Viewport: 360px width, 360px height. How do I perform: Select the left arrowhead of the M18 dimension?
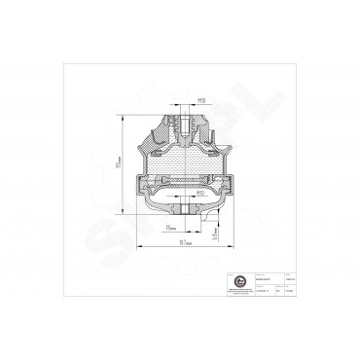(x=176, y=104)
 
